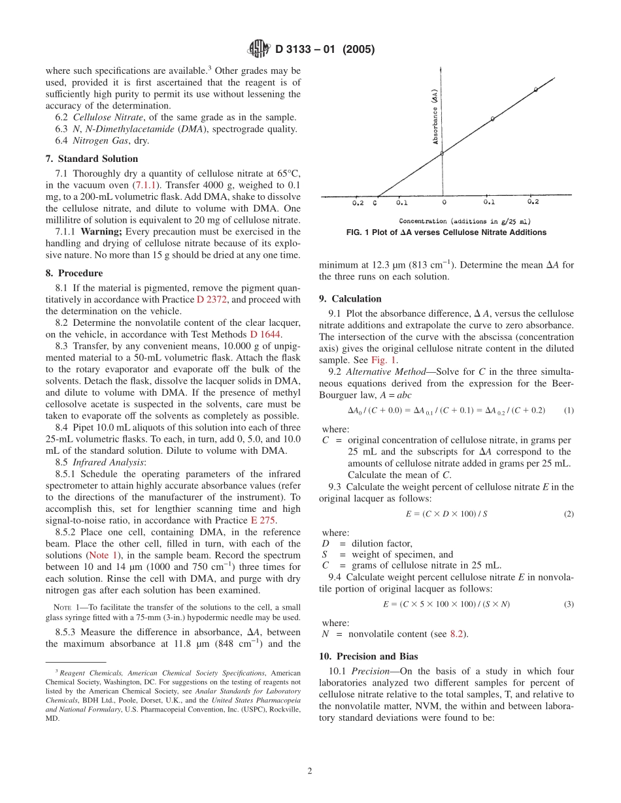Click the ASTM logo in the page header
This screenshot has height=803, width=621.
pos(258,49)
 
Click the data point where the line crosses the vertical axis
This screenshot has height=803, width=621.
pos(442,153)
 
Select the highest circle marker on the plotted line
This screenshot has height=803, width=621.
pos(535,89)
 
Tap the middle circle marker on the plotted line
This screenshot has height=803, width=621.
pos(492,119)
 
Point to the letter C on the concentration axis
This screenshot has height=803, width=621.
pos(375,202)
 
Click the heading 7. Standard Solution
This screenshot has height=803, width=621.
pos(92,159)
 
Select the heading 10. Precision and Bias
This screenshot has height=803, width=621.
pos(368,656)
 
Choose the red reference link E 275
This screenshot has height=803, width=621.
pos(263,520)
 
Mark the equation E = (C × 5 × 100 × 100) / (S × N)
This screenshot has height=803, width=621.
pos(446,604)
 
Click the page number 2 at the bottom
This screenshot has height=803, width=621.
pos(310,770)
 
